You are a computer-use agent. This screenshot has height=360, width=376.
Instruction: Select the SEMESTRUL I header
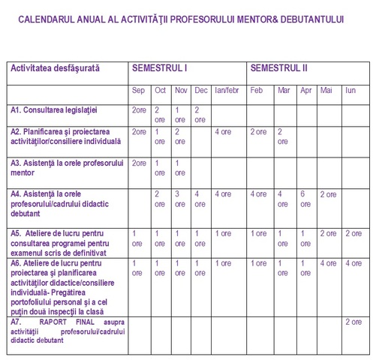pos(159,68)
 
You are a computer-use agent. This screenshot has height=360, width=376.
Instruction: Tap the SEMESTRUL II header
pos(279,68)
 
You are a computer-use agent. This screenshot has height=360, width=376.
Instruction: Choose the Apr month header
pos(305,91)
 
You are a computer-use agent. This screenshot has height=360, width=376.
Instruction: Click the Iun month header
pos(350,91)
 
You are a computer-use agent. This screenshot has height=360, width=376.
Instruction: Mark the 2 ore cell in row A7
pos(353,322)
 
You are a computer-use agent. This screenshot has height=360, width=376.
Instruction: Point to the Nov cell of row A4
pos(180,199)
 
